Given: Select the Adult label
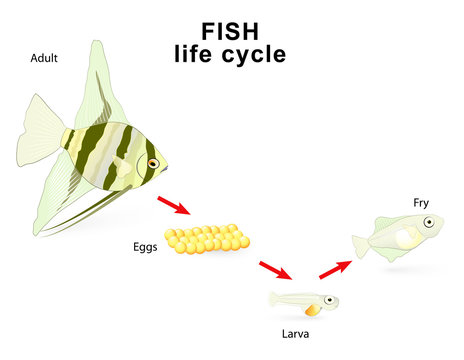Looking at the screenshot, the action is click(44, 59).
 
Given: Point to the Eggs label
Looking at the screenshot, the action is click(145, 246).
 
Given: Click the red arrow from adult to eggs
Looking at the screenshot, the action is click(173, 206).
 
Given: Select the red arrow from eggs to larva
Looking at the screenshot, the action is click(274, 271).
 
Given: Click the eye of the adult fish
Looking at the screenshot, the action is click(153, 162).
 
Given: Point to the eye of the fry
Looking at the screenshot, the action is click(427, 222).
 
